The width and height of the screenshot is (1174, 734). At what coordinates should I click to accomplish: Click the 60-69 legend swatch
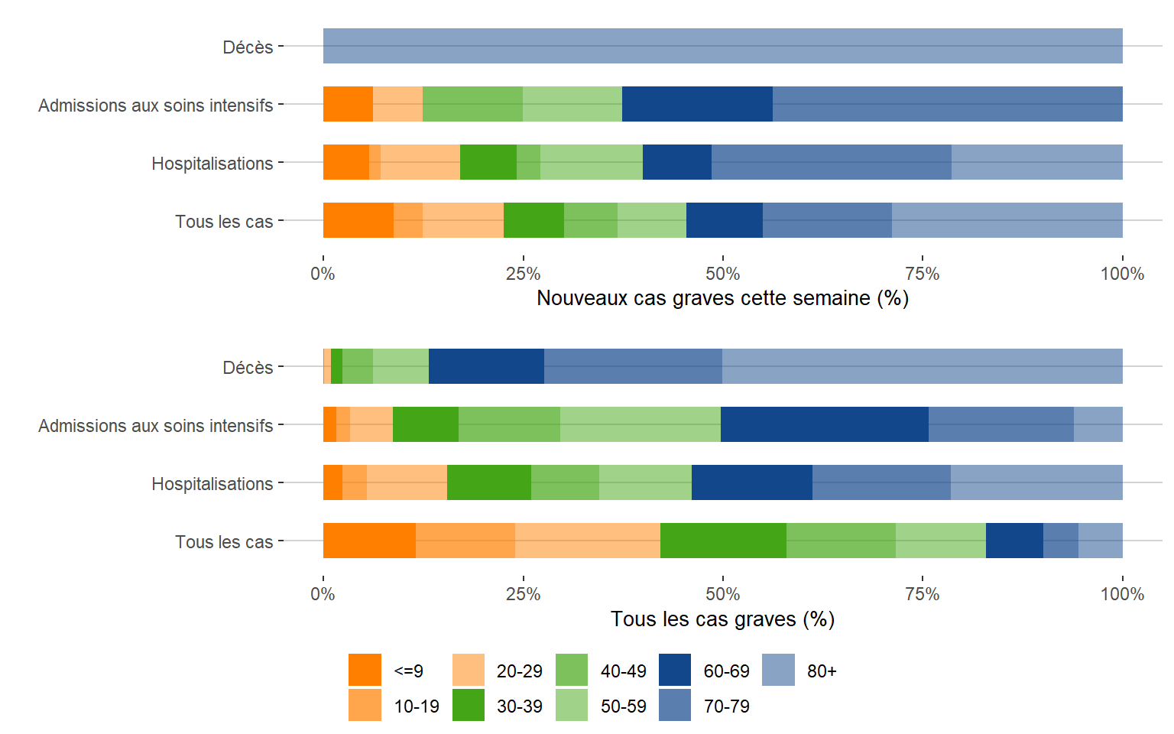click(x=674, y=670)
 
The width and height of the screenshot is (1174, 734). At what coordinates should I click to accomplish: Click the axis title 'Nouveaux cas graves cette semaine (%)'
click(x=722, y=298)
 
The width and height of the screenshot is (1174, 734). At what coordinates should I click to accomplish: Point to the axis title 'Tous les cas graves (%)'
click(x=722, y=619)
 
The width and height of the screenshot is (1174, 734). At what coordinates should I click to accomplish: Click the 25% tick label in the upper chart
click(x=523, y=274)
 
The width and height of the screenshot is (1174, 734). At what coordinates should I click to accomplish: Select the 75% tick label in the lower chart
click(x=922, y=594)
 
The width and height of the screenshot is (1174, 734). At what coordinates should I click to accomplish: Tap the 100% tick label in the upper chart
click(x=1121, y=274)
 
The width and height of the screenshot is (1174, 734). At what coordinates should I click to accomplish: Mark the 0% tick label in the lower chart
click(x=323, y=594)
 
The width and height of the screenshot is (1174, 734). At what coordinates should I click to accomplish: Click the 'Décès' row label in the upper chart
click(x=248, y=47)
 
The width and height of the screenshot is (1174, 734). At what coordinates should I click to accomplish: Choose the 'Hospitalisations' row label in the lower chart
click(x=212, y=484)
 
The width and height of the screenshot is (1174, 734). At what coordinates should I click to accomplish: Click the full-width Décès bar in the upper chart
click(x=722, y=46)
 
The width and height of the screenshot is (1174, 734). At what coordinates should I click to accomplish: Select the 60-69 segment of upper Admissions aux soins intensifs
click(x=697, y=104)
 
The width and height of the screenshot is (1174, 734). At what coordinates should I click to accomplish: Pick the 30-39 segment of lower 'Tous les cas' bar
click(x=723, y=541)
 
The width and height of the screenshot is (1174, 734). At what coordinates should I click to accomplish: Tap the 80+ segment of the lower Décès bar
click(x=922, y=366)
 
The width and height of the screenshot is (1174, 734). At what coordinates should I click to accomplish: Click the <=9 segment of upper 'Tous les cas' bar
click(x=358, y=220)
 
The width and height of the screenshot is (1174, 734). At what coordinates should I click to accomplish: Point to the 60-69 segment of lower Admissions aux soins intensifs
click(x=824, y=424)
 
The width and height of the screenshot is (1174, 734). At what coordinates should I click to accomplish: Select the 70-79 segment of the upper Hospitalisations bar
click(x=831, y=162)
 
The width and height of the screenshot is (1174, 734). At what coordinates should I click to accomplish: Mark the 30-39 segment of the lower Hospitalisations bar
click(x=488, y=482)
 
